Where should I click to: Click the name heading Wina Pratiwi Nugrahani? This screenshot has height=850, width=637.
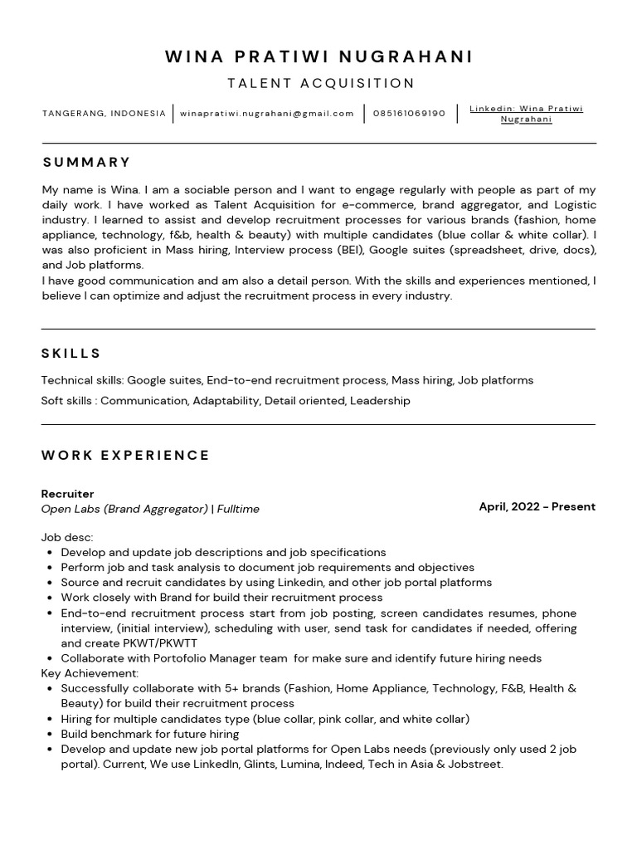pos(319,56)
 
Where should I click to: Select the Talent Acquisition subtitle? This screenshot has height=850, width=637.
pos(320,83)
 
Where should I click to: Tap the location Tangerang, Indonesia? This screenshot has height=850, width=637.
pos(104,114)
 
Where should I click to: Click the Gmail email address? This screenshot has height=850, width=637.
pos(267,114)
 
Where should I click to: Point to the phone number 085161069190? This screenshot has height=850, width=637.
pos(409,114)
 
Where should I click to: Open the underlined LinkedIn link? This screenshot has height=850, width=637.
pos(526,114)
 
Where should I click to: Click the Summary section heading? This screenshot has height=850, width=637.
pos(86,162)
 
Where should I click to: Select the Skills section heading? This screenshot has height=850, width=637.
pos(71,354)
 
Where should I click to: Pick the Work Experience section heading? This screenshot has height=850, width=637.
pos(125,455)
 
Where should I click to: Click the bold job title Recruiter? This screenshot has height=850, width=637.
pos(67,494)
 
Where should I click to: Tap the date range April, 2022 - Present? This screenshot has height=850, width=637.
pos(537,506)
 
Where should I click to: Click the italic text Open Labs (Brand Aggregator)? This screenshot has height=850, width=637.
pos(124,509)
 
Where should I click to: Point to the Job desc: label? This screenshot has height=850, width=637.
pos(67,537)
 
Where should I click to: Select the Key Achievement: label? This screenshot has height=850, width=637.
pos(90,673)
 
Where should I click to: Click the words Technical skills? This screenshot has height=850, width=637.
pos(81,380)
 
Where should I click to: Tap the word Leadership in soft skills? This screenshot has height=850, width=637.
pos(380,401)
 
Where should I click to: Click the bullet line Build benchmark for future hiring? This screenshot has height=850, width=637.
pos(149,734)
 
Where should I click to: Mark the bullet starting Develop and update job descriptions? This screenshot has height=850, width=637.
pos(223,552)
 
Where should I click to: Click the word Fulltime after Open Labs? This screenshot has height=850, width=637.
pos(238,509)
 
